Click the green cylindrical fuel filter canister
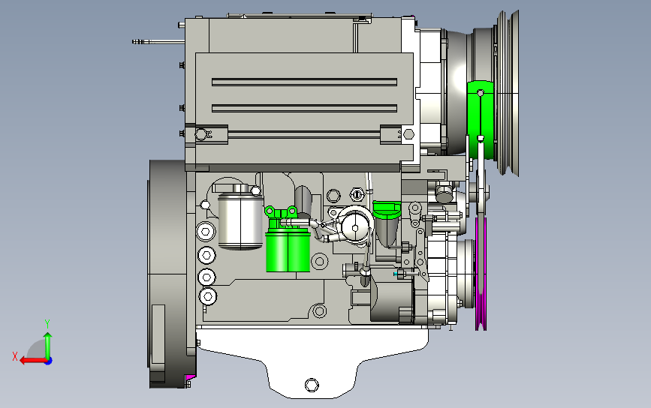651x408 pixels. (x=288, y=252)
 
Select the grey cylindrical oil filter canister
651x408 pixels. (x=240, y=221)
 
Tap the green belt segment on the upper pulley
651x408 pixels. (x=481, y=120)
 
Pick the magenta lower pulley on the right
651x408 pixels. (x=481, y=274)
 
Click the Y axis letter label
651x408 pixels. (x=47, y=323)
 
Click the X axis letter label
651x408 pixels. (x=15, y=356)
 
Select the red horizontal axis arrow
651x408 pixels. (x=33, y=361)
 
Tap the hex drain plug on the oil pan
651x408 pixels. (x=312, y=385)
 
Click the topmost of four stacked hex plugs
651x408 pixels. (x=206, y=231)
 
